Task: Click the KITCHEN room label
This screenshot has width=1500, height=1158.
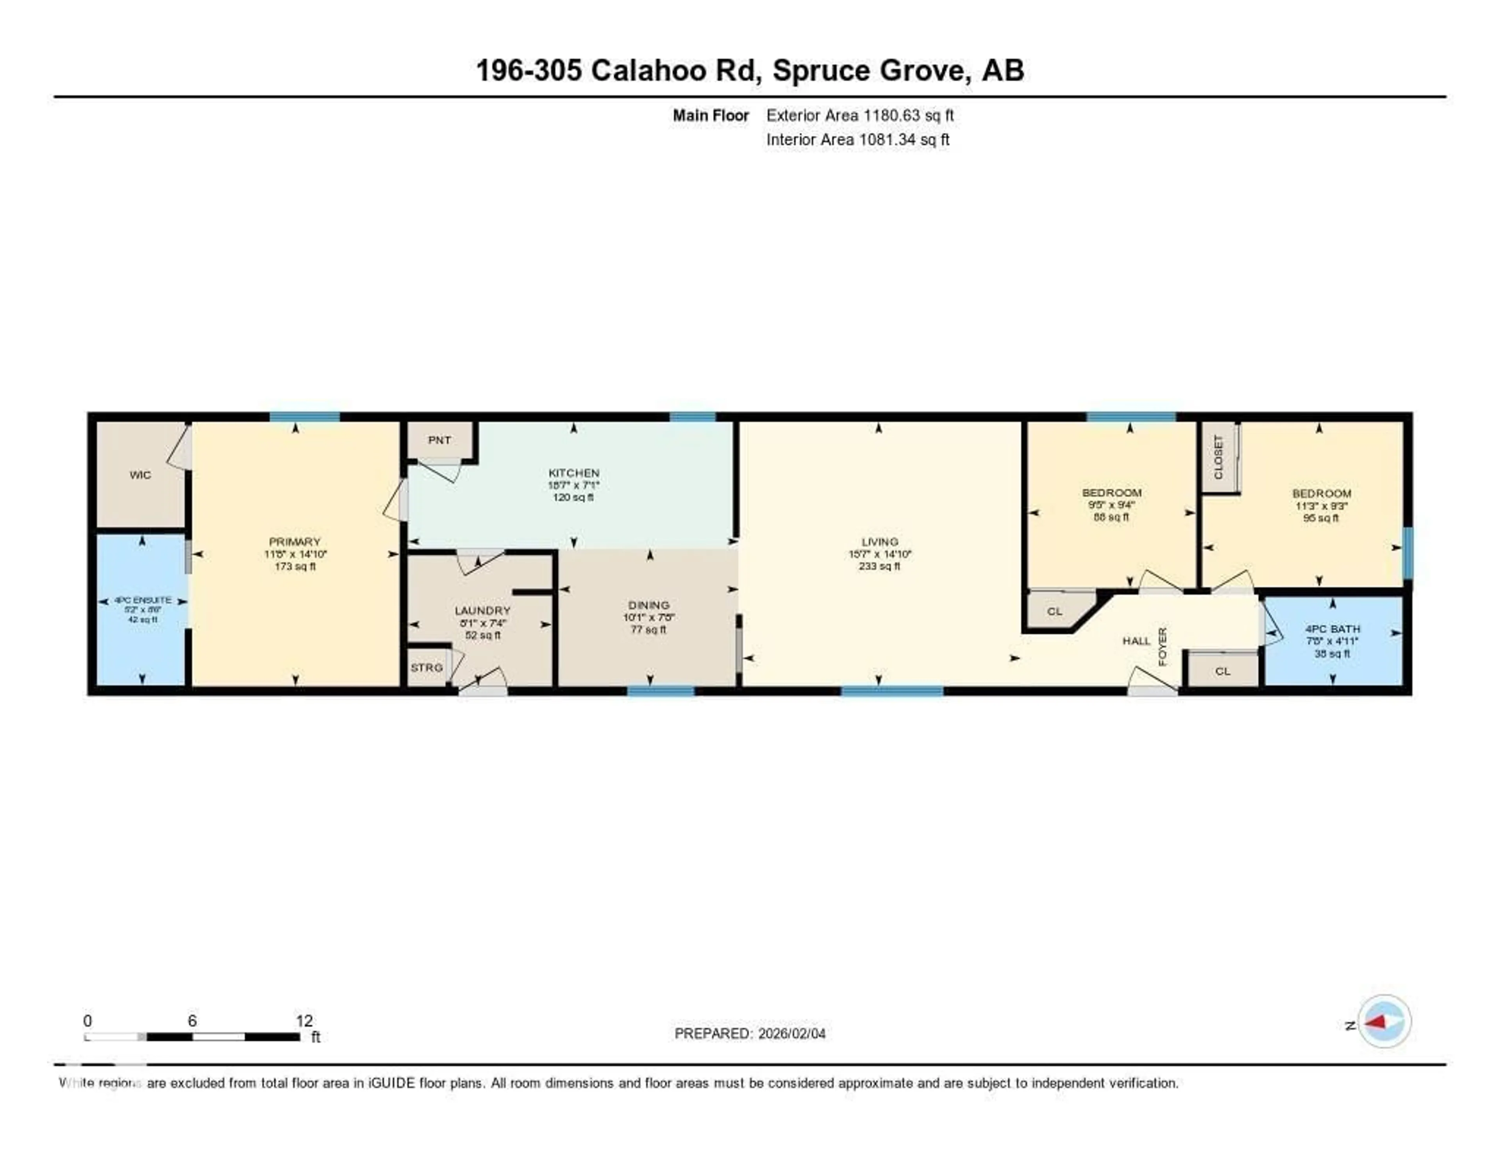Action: click(x=573, y=473)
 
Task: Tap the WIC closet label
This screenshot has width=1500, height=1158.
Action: click(x=140, y=475)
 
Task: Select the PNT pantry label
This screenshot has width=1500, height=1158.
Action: click(x=439, y=440)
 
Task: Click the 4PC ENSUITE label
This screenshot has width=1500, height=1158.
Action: click(x=143, y=600)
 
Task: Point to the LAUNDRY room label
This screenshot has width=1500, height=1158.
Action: click(x=482, y=610)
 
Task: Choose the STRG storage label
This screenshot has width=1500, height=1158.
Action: click(x=427, y=667)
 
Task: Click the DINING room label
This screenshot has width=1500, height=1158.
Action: click(x=648, y=605)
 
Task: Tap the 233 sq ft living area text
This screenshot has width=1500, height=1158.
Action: click(x=879, y=566)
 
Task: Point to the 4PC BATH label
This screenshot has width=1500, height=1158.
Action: click(x=1332, y=629)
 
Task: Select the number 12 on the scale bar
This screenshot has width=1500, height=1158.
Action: click(x=304, y=1021)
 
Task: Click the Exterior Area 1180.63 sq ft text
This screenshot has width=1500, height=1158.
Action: click(x=860, y=115)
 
